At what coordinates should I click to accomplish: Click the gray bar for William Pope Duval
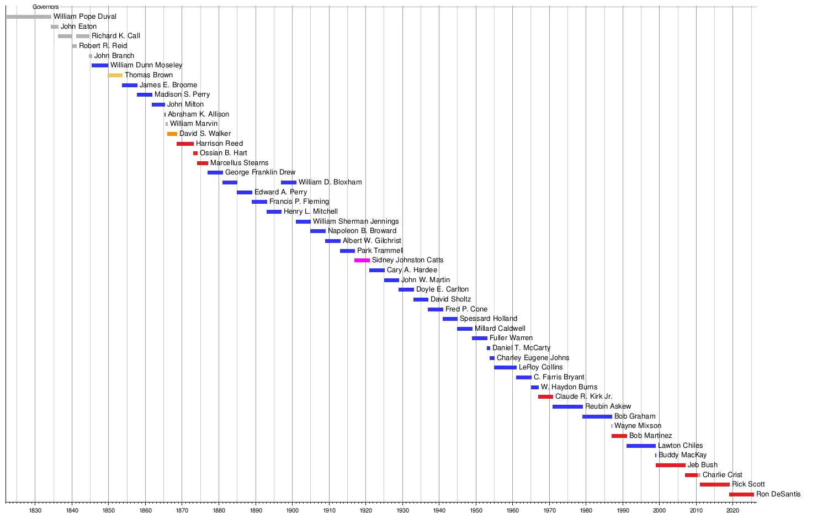pyautogui.click(x=29, y=17)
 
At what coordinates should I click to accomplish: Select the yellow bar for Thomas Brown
pyautogui.click(x=115, y=75)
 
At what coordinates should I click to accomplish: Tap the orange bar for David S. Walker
pyautogui.click(x=172, y=134)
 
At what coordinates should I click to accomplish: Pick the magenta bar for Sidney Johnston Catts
pyautogui.click(x=362, y=260)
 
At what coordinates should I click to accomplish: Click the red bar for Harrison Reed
pyautogui.click(x=185, y=144)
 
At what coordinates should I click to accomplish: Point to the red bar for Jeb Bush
pyautogui.click(x=671, y=465)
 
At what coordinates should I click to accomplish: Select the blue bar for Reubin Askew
pyautogui.click(x=567, y=406)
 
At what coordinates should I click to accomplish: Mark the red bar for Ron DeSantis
pyautogui.click(x=741, y=494)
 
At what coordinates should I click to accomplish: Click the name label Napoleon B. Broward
pyautogui.click(x=362, y=231)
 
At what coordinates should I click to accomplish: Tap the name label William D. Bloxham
pyautogui.click(x=330, y=182)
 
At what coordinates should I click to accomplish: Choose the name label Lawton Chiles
pyautogui.click(x=680, y=446)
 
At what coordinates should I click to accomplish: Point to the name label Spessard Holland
pyautogui.click(x=489, y=319)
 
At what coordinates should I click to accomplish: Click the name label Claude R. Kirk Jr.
pyautogui.click(x=583, y=396)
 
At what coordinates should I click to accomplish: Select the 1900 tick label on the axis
pyautogui.click(x=292, y=510)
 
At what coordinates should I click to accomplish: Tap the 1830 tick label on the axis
pyautogui.click(x=35, y=510)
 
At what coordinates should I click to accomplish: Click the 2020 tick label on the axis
pyautogui.click(x=733, y=510)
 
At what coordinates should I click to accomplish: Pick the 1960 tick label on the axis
pyautogui.click(x=512, y=510)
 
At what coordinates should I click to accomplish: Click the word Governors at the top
pyautogui.click(x=45, y=7)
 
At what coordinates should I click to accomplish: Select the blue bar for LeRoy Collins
pyautogui.click(x=505, y=367)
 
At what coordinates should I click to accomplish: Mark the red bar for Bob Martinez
pyautogui.click(x=619, y=436)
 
